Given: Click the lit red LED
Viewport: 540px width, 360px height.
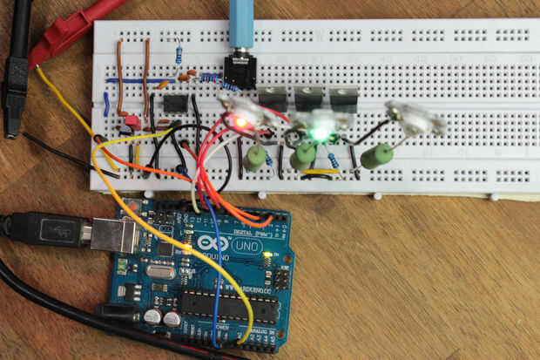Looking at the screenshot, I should pos(239,123).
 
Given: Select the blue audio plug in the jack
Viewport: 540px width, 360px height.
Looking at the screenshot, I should pos(241,26).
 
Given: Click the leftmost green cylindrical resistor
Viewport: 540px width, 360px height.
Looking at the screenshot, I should pos(255,158).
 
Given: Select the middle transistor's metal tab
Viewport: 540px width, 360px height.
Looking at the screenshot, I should pos(309,95).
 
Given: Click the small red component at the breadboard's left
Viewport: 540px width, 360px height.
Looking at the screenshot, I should pos(132,122).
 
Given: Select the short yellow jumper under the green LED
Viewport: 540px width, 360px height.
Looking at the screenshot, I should pos(321,172).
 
